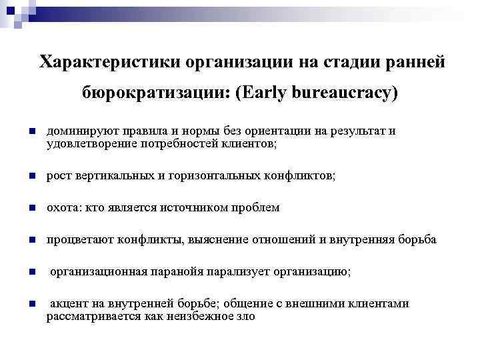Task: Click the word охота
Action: (60, 208)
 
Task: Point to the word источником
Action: (187, 208)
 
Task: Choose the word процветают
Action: (75, 240)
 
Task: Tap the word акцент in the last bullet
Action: (68, 304)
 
